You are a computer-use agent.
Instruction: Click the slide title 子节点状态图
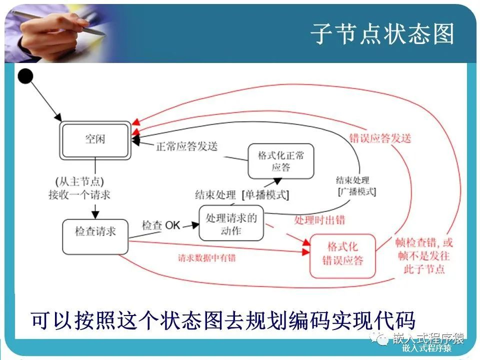[382, 34]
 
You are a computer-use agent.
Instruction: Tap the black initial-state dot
[25, 76]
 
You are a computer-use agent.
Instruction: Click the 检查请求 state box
[95, 231]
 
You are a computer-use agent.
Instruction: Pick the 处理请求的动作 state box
[231, 223]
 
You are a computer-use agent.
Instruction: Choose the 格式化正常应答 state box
[281, 161]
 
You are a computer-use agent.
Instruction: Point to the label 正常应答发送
[187, 146]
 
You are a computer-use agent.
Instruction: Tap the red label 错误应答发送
[380, 138]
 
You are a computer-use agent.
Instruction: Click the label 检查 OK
[160, 225]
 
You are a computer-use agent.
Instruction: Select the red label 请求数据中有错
[207, 258]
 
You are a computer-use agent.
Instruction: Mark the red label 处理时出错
[319, 220]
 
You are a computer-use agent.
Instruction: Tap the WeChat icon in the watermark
[382, 340]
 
